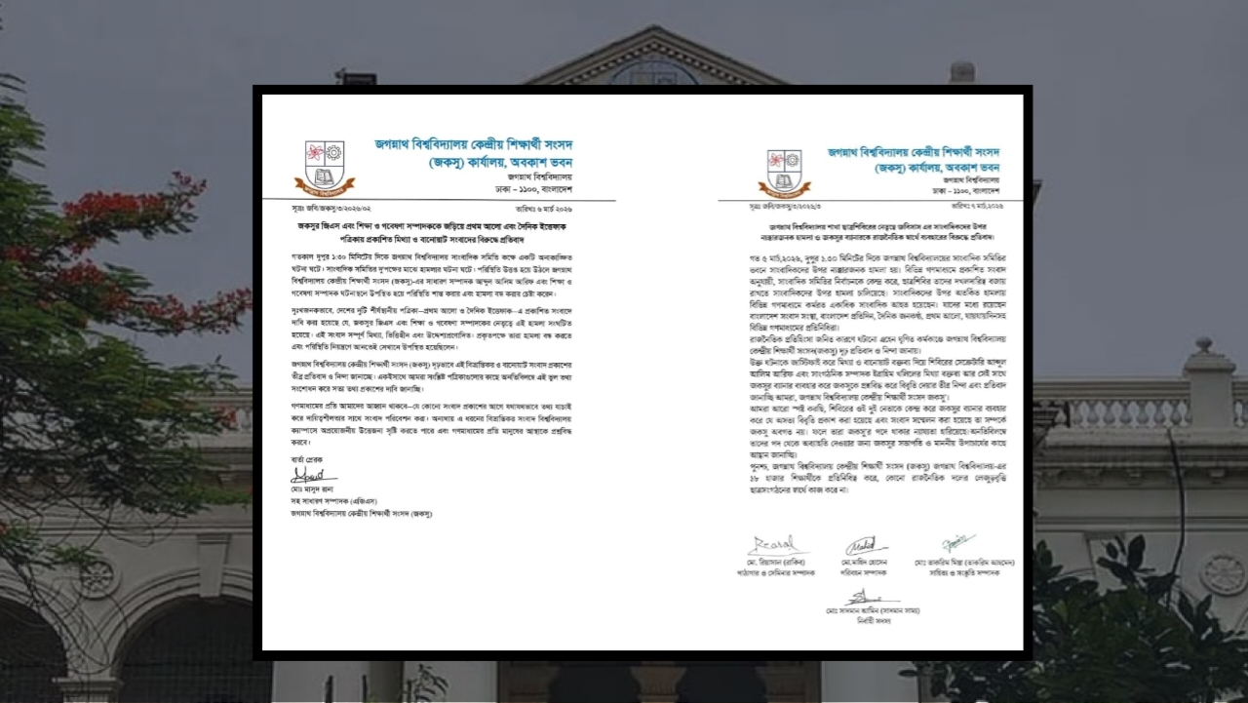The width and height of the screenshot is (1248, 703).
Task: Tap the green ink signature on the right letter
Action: [x=957, y=543]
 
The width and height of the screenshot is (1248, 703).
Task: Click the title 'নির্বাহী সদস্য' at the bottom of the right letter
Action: [x=867, y=620]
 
